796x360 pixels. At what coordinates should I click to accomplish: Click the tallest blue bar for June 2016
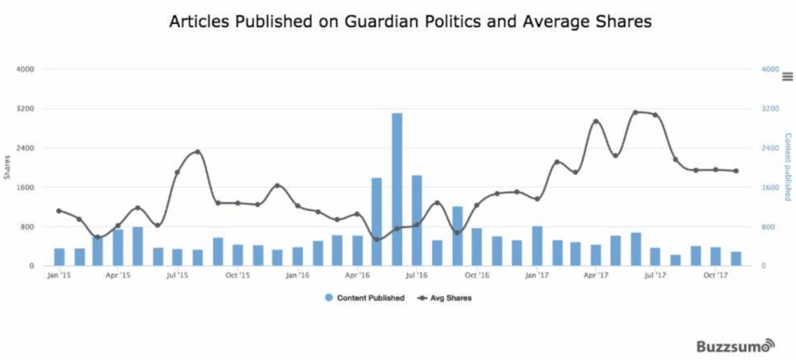396,190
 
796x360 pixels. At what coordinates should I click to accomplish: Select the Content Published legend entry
365,298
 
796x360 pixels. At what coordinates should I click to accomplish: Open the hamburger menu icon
787,76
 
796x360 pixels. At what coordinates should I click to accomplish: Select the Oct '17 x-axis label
715,275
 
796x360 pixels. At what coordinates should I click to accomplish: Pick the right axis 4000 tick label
770,69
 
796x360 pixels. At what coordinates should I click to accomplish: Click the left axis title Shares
8,167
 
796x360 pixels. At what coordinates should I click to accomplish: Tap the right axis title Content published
787,167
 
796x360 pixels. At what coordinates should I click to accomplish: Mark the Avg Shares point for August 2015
197,152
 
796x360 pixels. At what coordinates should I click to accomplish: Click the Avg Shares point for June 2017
635,113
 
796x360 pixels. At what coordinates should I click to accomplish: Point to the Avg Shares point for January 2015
59,211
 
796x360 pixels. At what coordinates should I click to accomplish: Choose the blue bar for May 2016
377,222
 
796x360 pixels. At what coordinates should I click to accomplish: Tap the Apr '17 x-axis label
595,275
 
